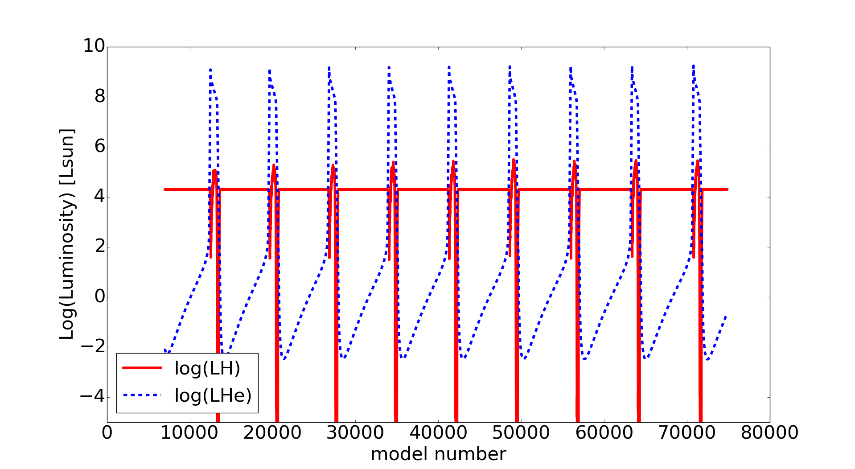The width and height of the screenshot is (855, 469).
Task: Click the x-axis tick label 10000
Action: (189, 433)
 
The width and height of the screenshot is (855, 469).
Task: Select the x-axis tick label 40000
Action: (438, 433)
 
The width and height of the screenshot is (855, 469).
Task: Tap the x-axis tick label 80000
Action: (769, 433)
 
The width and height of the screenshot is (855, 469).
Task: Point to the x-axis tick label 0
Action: (107, 433)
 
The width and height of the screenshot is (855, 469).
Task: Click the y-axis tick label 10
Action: (94, 46)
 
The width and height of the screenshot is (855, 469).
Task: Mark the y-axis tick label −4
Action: (92, 396)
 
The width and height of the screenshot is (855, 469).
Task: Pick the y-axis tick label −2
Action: (92, 346)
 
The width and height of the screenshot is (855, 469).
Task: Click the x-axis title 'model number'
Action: (438, 454)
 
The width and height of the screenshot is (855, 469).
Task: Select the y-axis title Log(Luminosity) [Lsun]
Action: (67, 234)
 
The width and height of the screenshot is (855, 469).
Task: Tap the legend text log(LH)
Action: (207, 368)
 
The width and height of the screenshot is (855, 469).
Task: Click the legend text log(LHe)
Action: (213, 395)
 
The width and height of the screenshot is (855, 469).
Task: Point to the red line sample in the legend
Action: (143, 368)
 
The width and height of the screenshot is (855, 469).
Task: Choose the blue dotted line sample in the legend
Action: (143, 395)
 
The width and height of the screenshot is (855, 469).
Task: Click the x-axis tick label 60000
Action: (604, 433)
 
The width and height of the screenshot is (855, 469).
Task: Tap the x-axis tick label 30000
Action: (355, 433)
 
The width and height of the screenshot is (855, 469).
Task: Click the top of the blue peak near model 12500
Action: (210, 70)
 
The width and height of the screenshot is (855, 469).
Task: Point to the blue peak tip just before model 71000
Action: (693, 66)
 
